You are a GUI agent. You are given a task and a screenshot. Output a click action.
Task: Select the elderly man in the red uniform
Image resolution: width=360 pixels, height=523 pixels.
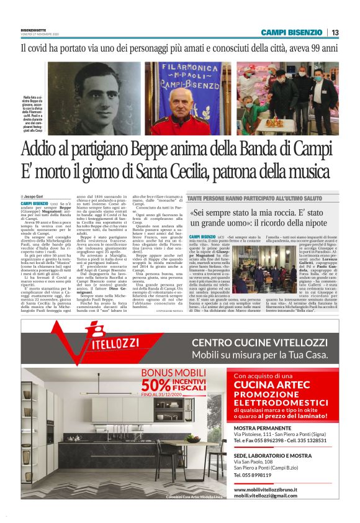pos(188,114)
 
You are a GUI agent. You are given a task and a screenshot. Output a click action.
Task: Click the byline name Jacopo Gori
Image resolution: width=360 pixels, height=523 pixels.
pos(37,196)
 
